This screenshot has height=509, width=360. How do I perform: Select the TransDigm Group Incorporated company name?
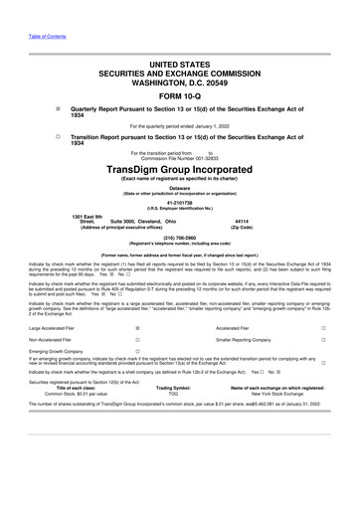click(x=180, y=170)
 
